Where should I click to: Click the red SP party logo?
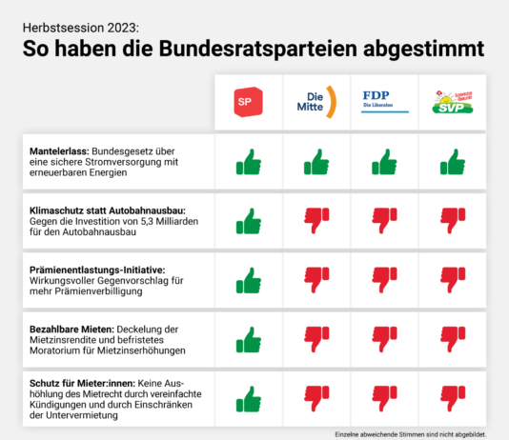pyautogui.click(x=248, y=102)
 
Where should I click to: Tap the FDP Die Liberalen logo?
pyautogui.click(x=384, y=101)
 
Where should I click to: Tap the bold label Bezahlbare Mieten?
pyautogui.click(x=71, y=329)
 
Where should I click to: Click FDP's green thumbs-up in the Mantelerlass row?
pyautogui.click(x=384, y=163)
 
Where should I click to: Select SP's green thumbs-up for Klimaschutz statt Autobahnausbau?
pyautogui.click(x=248, y=222)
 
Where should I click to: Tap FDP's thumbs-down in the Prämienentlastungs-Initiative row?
pyautogui.click(x=384, y=281)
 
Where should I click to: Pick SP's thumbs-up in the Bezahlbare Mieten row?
pyautogui.click(x=248, y=340)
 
